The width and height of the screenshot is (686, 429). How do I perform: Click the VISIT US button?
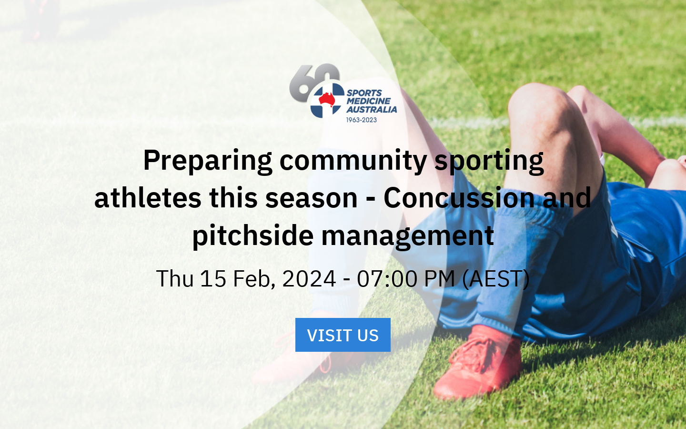[x=343, y=335]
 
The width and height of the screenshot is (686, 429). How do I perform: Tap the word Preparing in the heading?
[x=208, y=161]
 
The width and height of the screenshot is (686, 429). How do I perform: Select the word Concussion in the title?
[x=459, y=198]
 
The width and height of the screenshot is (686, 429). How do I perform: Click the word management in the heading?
[x=407, y=236]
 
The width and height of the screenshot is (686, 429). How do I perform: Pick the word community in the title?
[x=353, y=161]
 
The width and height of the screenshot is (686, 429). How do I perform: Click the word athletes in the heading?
[x=147, y=198]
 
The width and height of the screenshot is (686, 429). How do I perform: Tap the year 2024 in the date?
[x=309, y=279]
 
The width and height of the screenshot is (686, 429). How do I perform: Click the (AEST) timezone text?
[x=496, y=279]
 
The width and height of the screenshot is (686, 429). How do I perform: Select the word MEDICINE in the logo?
[x=368, y=101]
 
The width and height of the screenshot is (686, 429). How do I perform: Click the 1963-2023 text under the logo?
[x=361, y=120]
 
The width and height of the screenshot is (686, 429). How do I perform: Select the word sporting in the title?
[x=489, y=161]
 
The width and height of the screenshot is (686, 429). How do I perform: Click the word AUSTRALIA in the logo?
[x=372, y=110]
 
